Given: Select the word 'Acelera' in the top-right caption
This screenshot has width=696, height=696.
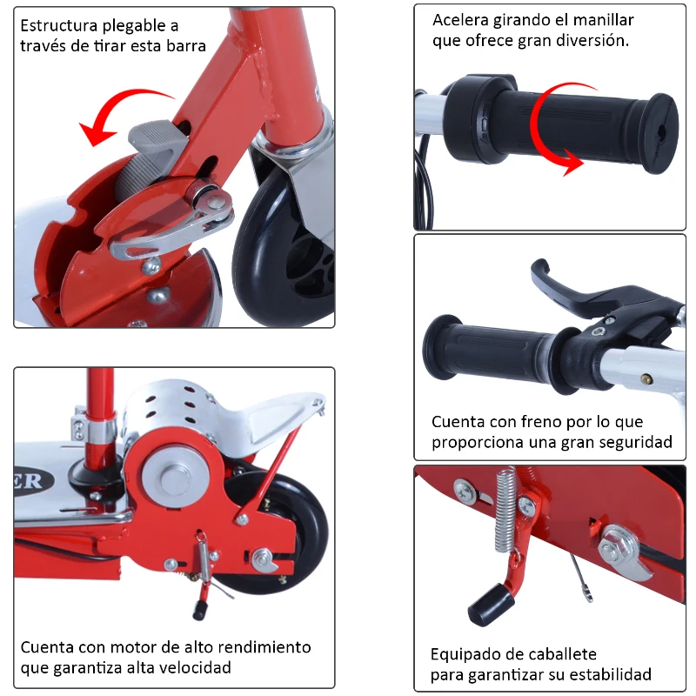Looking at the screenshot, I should pos(461,19).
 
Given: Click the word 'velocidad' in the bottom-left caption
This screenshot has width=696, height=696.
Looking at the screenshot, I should pos(196,668).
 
